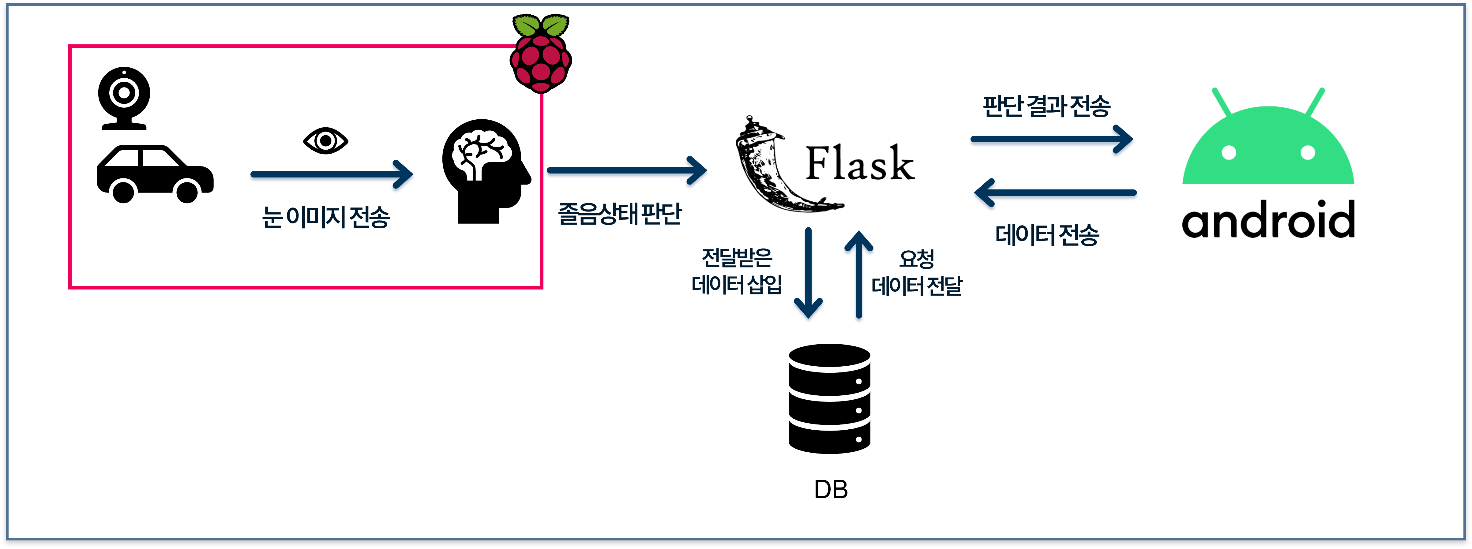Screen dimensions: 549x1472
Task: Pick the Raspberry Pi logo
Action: pyautogui.click(x=541, y=54)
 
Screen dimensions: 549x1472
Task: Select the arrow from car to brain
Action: pyautogui.click(x=332, y=174)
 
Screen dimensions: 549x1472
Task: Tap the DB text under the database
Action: pyautogui.click(x=830, y=490)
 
